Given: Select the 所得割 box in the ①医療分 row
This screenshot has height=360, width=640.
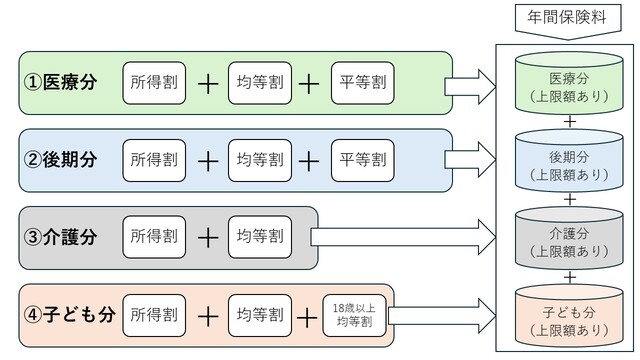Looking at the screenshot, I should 154,83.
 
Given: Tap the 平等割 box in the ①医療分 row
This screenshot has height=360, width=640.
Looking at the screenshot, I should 362,83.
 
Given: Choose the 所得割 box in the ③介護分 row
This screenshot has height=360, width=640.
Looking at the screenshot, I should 154,237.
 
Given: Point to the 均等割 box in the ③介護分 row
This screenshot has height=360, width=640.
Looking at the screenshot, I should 258,237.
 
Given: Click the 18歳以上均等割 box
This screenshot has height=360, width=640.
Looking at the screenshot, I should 356,316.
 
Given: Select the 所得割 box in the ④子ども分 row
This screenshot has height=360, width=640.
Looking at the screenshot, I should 154,316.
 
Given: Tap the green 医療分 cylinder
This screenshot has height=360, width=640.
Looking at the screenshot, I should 569,86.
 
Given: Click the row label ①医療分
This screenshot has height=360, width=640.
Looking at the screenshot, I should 61,83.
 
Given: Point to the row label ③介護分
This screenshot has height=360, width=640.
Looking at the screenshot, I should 61,237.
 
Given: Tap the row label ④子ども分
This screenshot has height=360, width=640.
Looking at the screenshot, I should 69,316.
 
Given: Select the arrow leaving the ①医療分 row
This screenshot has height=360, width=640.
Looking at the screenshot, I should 470,84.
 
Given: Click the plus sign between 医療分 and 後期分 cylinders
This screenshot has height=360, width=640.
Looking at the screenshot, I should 569,122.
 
